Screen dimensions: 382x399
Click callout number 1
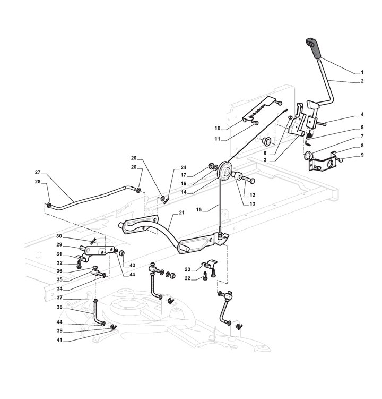click(x=362, y=73)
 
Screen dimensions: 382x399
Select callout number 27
click(x=38, y=172)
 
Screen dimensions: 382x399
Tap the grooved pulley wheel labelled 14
click(x=224, y=171)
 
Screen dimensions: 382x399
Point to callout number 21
click(x=181, y=213)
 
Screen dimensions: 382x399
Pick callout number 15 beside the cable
click(x=199, y=209)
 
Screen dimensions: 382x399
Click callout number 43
click(x=132, y=265)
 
